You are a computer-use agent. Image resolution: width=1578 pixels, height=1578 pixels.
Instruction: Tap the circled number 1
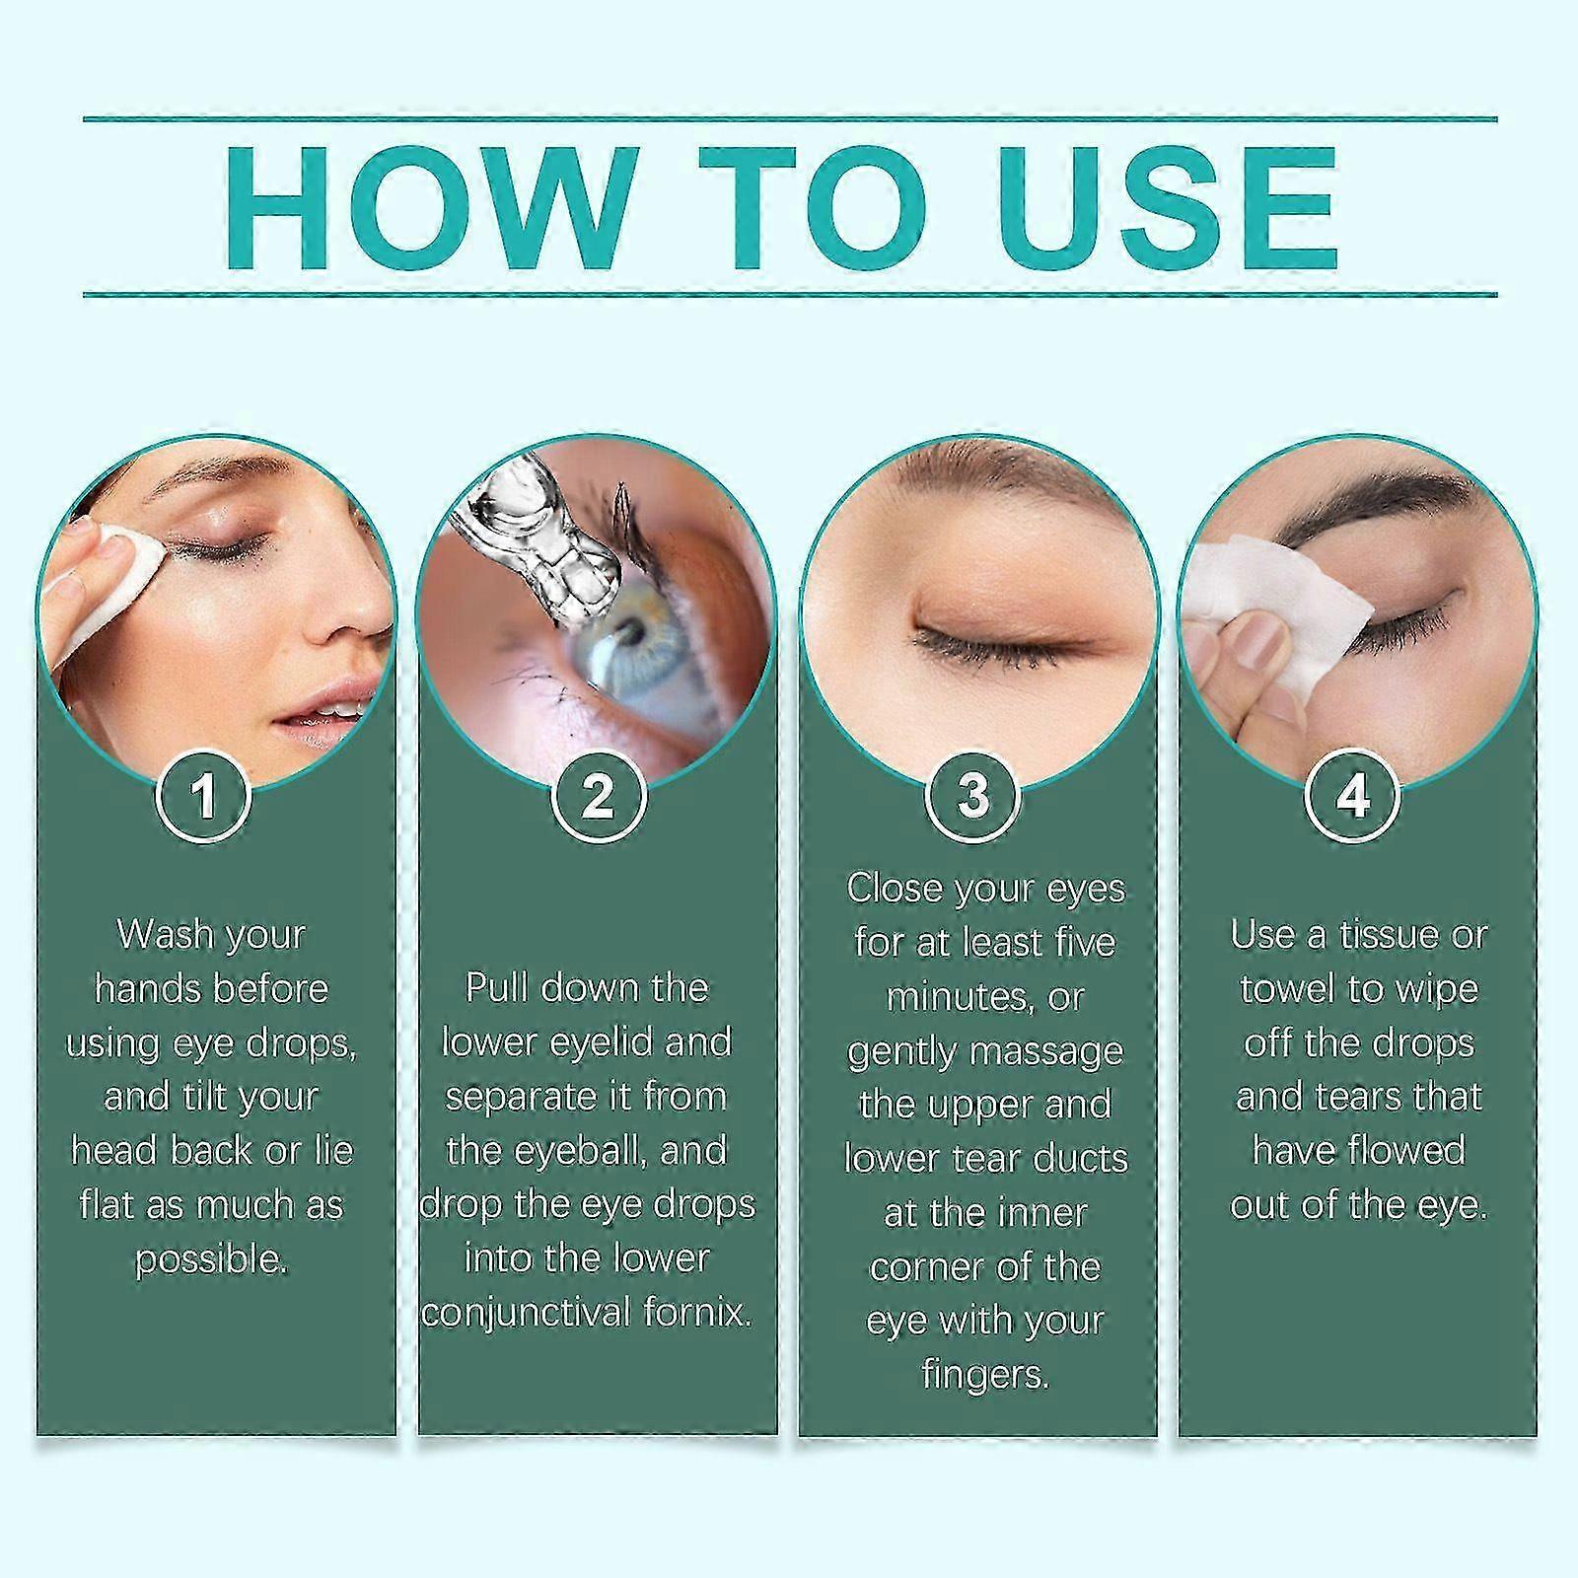click(x=204, y=796)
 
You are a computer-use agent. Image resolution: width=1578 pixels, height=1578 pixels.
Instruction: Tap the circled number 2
click(x=599, y=796)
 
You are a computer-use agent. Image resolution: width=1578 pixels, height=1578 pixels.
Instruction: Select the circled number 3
click(x=972, y=796)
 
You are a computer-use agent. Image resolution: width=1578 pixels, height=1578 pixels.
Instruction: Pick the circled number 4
click(x=1352, y=796)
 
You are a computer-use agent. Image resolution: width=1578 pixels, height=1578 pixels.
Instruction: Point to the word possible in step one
click(x=211, y=1259)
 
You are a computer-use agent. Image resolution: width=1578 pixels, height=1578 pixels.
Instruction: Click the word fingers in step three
click(x=984, y=1375)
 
